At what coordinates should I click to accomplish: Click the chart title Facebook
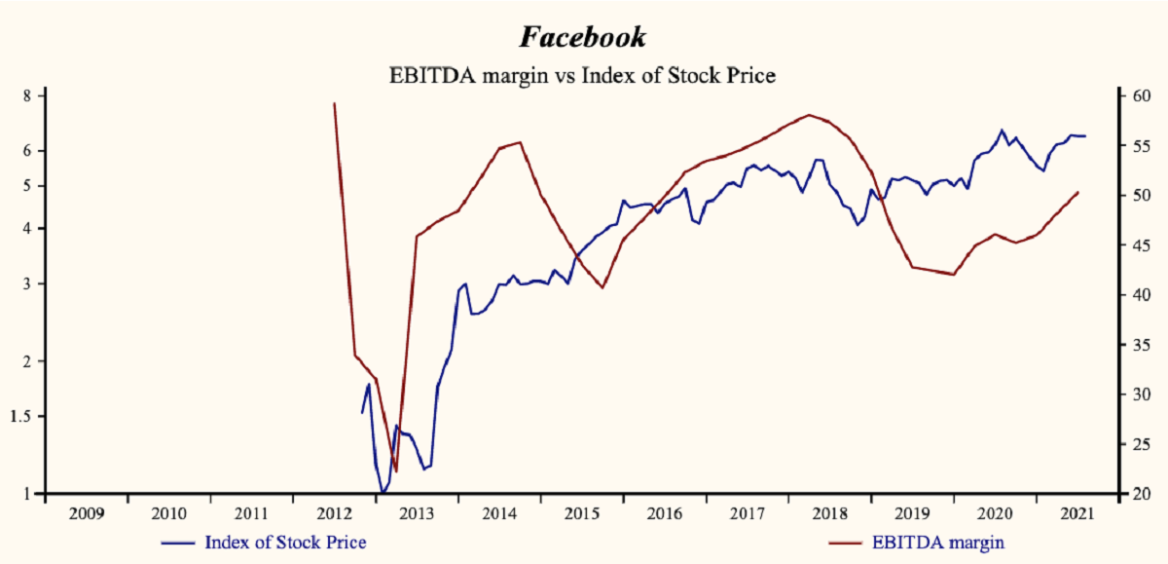(582, 37)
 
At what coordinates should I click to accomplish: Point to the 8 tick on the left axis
(28, 95)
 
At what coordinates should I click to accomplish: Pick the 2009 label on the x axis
(86, 513)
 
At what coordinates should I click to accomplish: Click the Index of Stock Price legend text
(285, 542)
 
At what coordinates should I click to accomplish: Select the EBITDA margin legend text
(938, 542)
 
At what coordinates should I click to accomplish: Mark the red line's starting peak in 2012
(334, 103)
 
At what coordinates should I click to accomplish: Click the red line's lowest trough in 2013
(396, 471)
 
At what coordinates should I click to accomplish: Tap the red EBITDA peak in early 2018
(810, 115)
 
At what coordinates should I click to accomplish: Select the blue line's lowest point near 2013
(383, 493)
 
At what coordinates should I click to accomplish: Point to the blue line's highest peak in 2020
(1001, 130)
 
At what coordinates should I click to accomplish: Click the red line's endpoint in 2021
(1078, 192)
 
